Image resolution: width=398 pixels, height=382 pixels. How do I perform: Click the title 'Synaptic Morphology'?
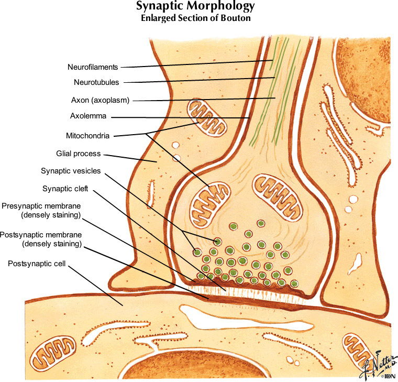pos(195,7)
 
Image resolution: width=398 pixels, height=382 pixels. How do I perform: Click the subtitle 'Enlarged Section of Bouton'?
pos(195,18)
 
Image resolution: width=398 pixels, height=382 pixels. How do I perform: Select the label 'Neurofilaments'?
pos(93,67)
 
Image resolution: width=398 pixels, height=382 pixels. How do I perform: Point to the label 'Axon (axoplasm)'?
pos(100,100)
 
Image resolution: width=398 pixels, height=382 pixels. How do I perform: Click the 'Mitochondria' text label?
pos(87,136)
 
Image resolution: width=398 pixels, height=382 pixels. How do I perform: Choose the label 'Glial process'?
pos(78,154)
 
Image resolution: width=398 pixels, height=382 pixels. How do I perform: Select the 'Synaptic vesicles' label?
pos(70,171)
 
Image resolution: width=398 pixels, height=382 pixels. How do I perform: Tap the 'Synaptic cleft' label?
pos(64,188)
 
